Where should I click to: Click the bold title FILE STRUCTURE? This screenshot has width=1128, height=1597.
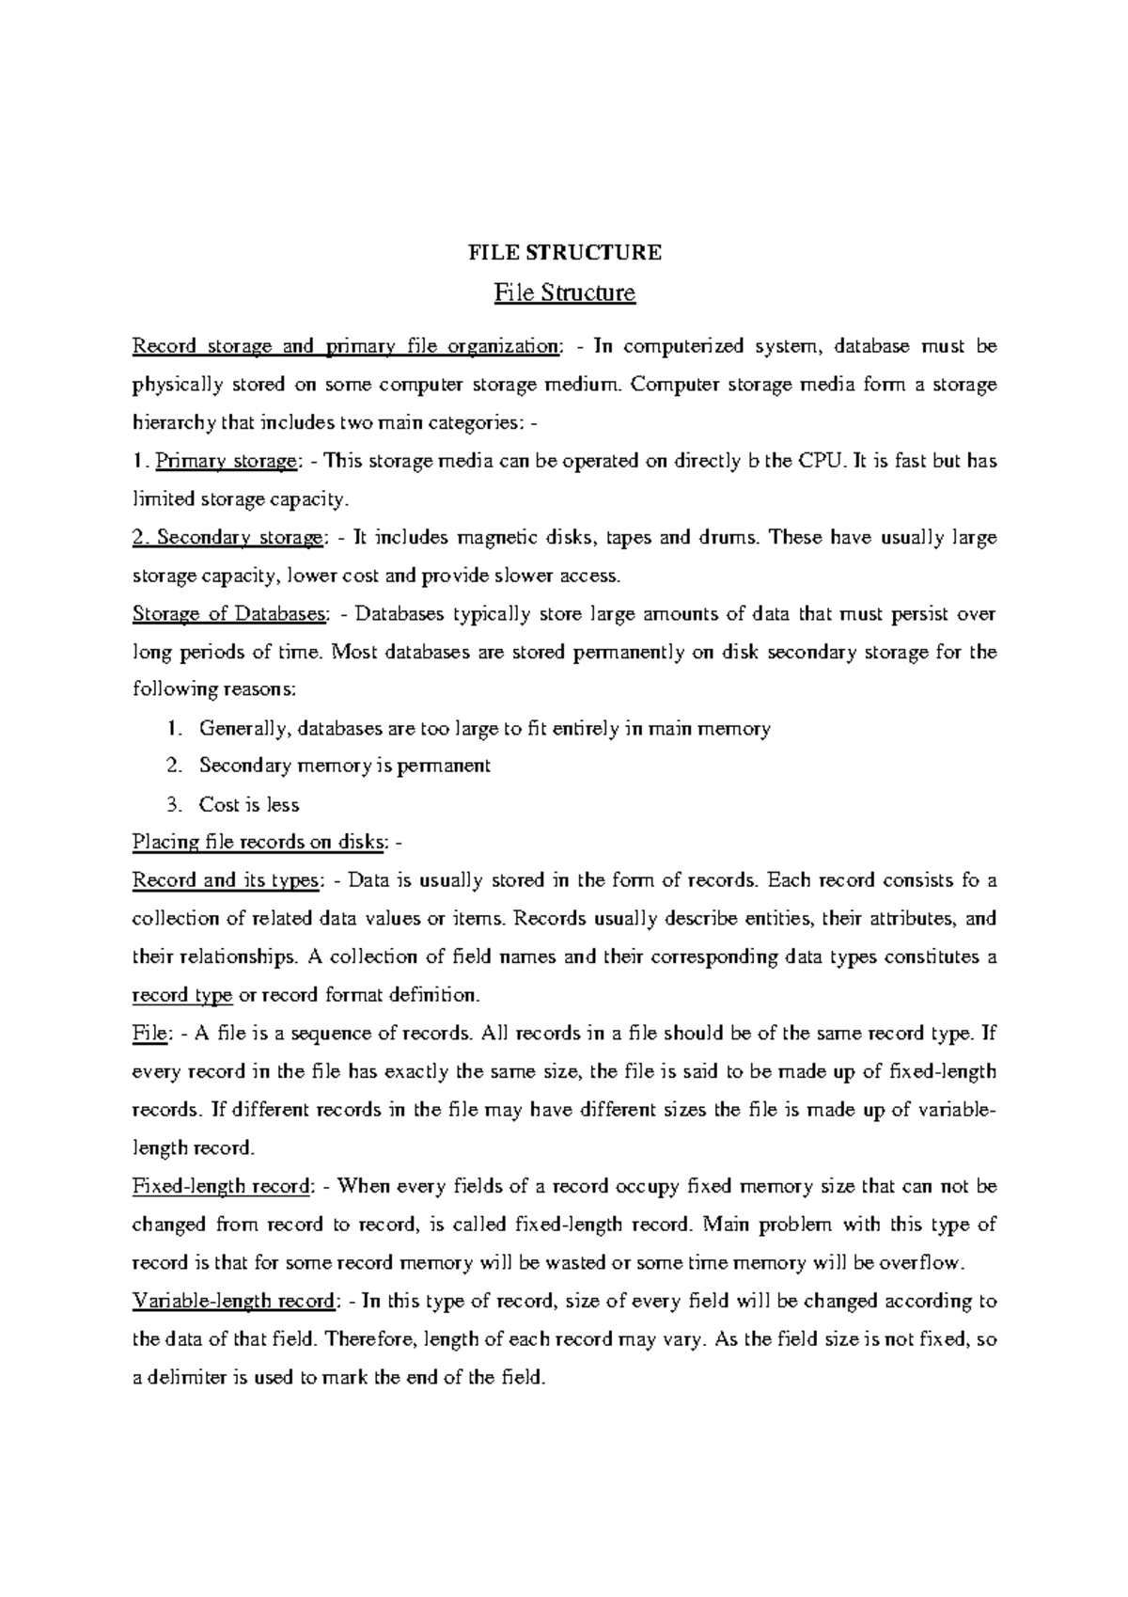[x=565, y=252]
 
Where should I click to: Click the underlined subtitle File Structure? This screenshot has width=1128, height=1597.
[x=565, y=293]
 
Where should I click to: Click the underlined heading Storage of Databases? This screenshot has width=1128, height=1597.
[x=230, y=614]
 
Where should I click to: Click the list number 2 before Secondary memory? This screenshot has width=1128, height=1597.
[x=172, y=766]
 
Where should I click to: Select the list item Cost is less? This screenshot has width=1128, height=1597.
[x=249, y=804]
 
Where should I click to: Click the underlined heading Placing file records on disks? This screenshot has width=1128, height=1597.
[x=258, y=842]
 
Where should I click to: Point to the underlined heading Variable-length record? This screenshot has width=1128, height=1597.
[x=234, y=1302]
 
